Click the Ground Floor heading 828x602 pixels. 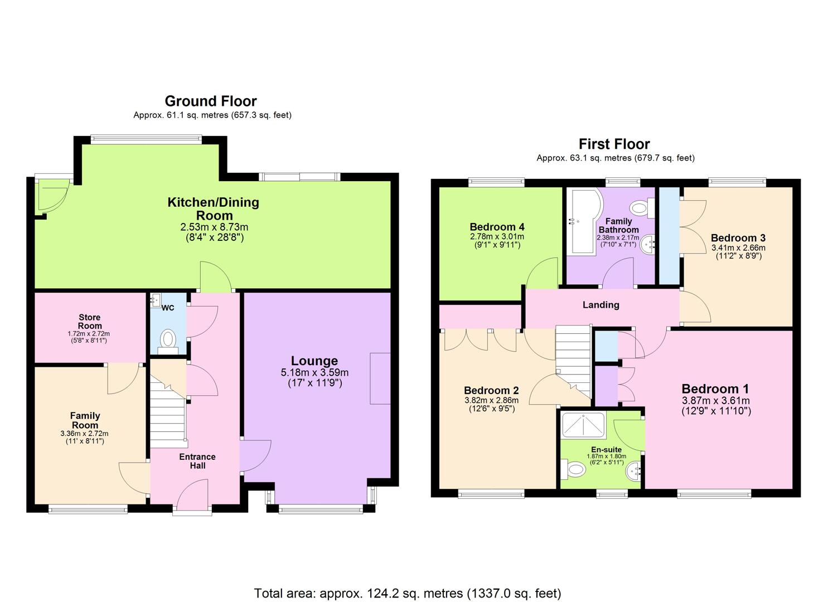(211, 101)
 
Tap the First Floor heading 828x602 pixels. (614, 144)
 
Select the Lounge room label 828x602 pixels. (314, 361)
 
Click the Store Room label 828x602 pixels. (90, 322)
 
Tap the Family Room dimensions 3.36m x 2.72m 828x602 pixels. (84, 434)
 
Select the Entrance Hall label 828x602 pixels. (197, 461)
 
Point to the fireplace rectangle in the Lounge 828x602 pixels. (381, 378)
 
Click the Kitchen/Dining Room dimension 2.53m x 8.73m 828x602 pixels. (214, 227)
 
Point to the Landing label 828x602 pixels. (601, 305)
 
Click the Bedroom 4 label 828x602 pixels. (497, 227)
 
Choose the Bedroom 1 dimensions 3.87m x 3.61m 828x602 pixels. (715, 401)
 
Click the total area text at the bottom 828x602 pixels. (408, 593)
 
